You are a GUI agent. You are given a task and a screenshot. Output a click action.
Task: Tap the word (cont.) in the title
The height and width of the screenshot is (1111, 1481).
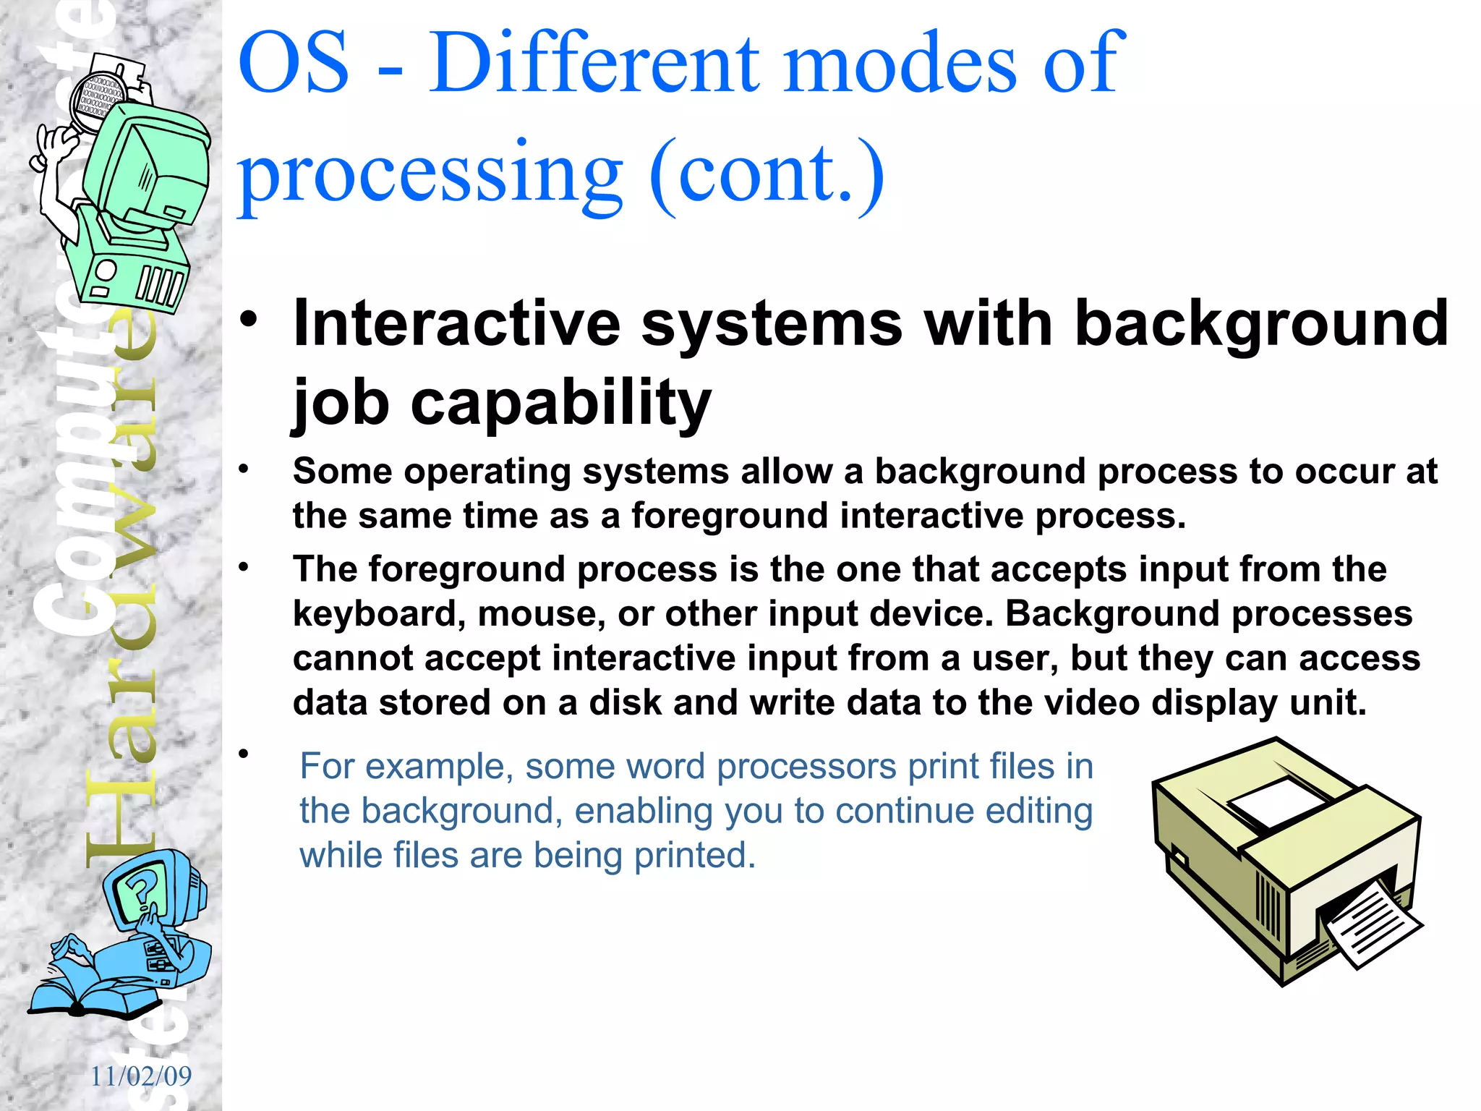[x=767, y=174]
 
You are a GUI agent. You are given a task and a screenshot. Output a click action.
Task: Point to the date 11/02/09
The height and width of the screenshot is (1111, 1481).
[x=141, y=1076]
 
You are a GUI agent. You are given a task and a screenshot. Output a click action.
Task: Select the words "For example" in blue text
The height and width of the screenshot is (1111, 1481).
[x=406, y=766]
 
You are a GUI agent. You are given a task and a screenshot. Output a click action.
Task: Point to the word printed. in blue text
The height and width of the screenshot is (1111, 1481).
[x=694, y=855]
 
